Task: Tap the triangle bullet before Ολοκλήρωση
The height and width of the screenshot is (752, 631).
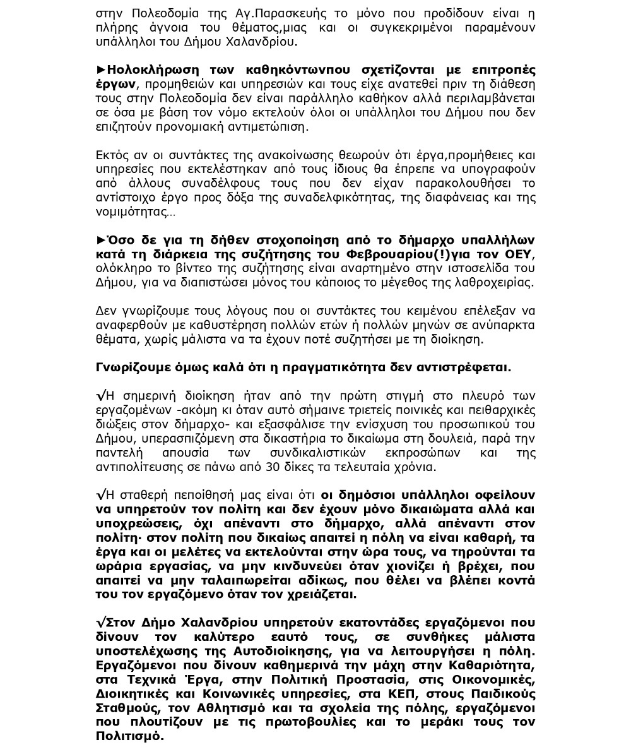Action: (x=101, y=70)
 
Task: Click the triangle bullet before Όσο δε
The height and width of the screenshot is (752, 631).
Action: (x=101, y=241)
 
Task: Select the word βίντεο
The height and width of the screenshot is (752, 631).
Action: (x=180, y=268)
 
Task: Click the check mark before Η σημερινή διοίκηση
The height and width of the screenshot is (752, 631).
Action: (x=101, y=396)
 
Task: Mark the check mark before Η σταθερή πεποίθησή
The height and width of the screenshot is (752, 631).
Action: (x=101, y=495)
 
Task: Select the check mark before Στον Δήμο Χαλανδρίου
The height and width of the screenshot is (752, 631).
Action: (x=101, y=623)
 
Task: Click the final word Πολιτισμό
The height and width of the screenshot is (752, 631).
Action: (x=129, y=736)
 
